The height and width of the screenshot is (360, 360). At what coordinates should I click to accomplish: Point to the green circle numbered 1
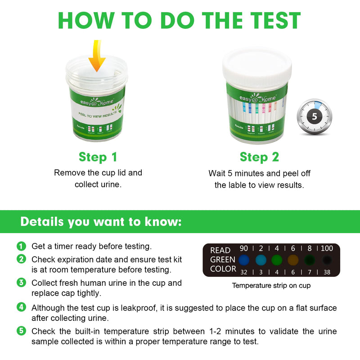pyautogui.click(x=21, y=247)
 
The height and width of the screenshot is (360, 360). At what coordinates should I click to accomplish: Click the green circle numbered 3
pyautogui.click(x=21, y=283)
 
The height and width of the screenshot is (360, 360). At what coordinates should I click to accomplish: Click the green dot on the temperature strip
pyautogui.click(x=276, y=260)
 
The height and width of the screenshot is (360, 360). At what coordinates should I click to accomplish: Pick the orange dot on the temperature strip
pyautogui.click(x=293, y=260)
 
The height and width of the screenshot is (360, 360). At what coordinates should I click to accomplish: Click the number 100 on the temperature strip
pyautogui.click(x=327, y=248)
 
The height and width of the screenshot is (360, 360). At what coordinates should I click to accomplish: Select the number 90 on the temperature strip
pyautogui.click(x=243, y=248)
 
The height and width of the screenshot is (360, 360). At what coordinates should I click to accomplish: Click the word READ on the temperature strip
pyautogui.click(x=220, y=250)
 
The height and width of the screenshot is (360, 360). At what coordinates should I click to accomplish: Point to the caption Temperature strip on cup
pyautogui.click(x=271, y=285)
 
